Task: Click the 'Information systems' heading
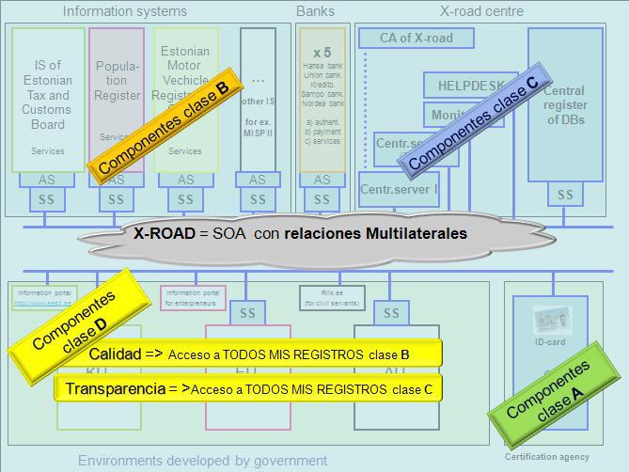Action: pos(124,12)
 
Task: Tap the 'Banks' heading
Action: pos(315,12)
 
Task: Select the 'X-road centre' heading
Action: pos(481,12)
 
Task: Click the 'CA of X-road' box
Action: pos(416,39)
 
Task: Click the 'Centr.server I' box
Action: pos(399,190)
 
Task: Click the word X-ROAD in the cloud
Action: pos(165,233)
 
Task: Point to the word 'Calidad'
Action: pos(115,354)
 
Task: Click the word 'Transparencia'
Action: pos(118,387)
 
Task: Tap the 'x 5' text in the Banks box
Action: pos(322,52)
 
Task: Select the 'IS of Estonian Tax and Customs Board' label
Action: pos(47,94)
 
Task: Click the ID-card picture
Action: pos(548,321)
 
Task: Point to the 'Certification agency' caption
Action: pos(547,457)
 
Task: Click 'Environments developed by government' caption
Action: pos(202,461)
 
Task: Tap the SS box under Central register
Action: pos(564,196)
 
